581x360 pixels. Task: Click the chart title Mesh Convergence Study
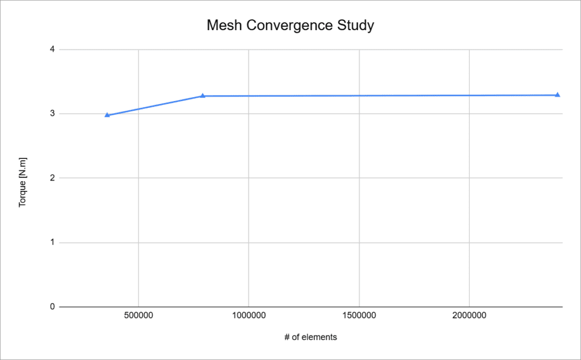click(x=290, y=26)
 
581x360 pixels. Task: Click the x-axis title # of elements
click(x=310, y=337)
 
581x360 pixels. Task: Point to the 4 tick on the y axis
click(x=52, y=49)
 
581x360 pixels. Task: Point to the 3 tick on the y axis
click(x=52, y=114)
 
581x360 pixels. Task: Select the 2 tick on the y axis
click(x=52, y=178)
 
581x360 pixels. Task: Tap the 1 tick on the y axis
click(x=52, y=242)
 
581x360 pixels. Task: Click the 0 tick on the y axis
click(x=52, y=307)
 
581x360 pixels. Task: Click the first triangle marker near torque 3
click(x=107, y=115)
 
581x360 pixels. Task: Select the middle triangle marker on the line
click(x=203, y=96)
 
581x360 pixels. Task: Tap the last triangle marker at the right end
click(x=557, y=95)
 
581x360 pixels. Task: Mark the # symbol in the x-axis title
click(x=287, y=337)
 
